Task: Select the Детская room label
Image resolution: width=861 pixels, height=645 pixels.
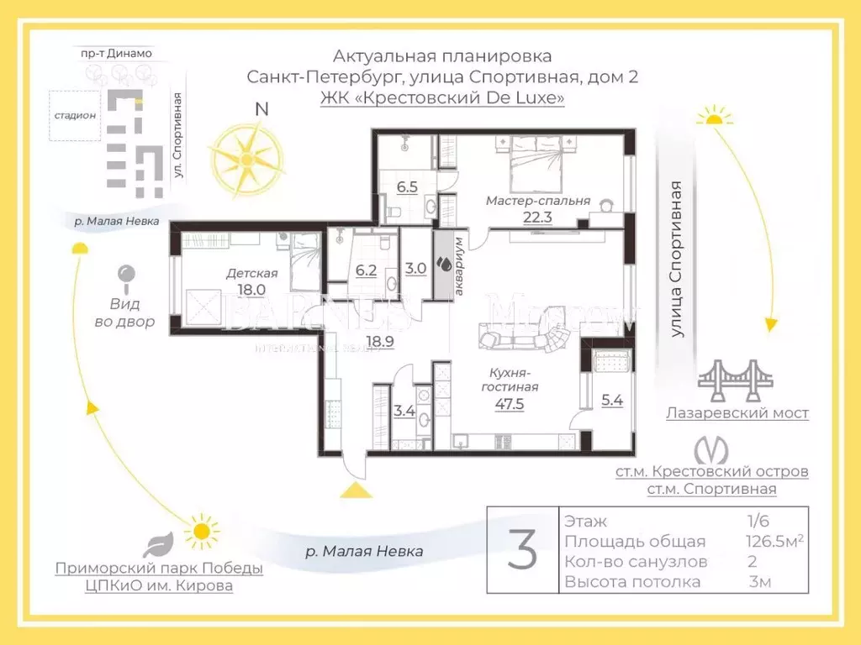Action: tap(251, 273)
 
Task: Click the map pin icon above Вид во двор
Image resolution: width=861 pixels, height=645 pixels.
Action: tap(125, 276)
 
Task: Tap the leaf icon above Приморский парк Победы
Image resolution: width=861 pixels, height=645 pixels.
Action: tap(159, 544)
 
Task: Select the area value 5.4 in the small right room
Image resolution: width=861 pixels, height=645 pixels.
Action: tap(613, 401)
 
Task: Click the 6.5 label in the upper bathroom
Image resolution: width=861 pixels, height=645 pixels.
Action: tap(407, 186)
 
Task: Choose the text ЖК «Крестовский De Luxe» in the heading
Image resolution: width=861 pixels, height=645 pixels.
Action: tap(442, 98)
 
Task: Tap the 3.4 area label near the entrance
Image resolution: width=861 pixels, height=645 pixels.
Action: tap(404, 411)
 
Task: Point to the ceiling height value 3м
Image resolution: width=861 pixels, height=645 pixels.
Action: tap(760, 582)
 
